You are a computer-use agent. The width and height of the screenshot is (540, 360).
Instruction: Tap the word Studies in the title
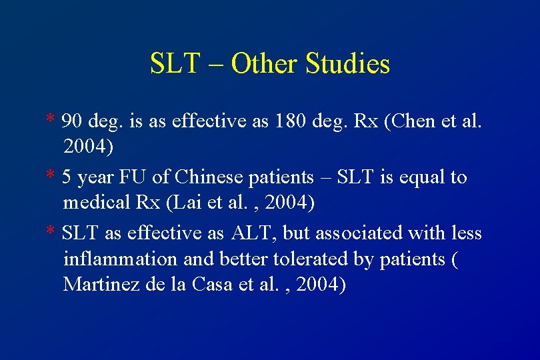click(347, 64)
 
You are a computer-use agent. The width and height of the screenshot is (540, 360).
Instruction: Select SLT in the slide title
click(175, 64)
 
